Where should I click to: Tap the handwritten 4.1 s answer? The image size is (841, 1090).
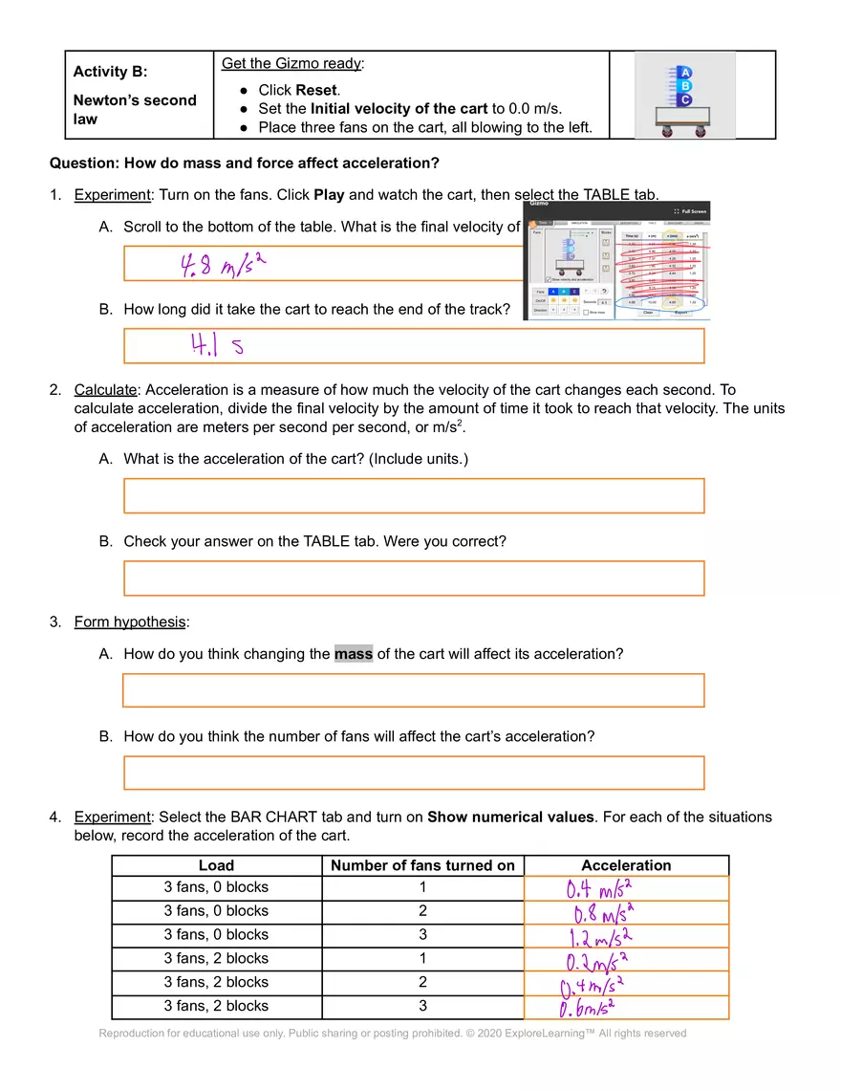(217, 346)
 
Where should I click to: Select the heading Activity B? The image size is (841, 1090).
(110, 72)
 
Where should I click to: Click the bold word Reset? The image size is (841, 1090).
(315, 90)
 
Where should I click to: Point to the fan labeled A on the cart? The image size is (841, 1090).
(685, 74)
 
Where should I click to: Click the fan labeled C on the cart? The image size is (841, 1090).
(685, 99)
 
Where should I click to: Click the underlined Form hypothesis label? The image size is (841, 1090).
(130, 622)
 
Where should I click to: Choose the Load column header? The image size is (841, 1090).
(216, 865)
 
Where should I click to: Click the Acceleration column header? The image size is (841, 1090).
(626, 865)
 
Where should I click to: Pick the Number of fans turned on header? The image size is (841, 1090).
(422, 865)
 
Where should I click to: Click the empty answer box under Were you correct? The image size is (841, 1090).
(414, 578)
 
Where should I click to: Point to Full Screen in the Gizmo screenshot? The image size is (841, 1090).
(690, 211)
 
